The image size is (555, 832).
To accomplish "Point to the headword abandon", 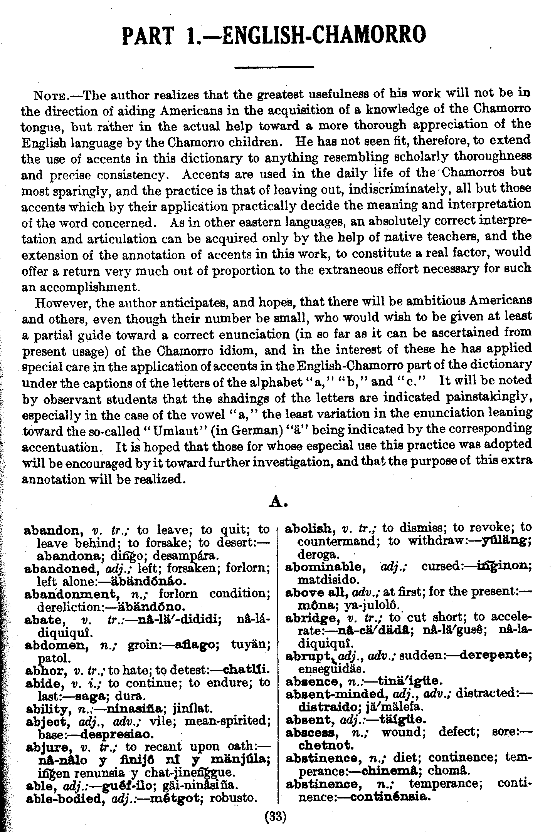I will (x=52, y=530).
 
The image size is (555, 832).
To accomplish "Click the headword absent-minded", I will (x=336, y=694).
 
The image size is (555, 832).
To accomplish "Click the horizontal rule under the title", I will (x=274, y=68).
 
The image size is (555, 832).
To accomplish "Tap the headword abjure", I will (x=48, y=746).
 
